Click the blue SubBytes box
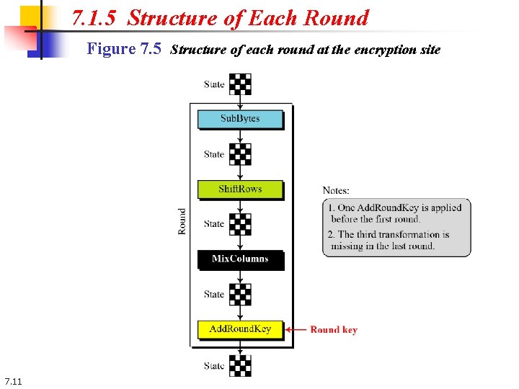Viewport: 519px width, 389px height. point(240,119)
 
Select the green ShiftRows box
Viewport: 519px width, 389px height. point(240,189)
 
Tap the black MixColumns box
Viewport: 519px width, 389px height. point(240,259)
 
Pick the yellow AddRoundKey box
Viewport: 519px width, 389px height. point(240,329)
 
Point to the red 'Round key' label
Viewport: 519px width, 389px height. point(334,330)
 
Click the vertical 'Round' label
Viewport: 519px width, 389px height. point(182,221)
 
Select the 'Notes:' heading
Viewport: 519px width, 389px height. point(336,190)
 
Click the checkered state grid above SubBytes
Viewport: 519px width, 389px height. point(240,84)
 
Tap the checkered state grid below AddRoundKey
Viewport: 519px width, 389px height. point(240,365)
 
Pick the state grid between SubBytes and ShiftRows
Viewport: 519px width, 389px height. point(240,154)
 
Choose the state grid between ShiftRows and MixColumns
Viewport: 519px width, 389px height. point(240,224)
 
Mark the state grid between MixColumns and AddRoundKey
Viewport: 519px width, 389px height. point(240,294)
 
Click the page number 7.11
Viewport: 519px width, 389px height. point(13,381)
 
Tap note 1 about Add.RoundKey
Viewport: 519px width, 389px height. point(396,213)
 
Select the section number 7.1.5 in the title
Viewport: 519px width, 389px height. point(96,18)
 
